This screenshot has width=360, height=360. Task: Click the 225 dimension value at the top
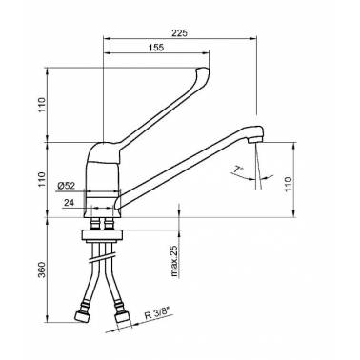tap(180, 32)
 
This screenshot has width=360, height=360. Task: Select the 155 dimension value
tap(156, 48)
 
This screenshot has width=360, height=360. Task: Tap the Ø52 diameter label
tap(67, 186)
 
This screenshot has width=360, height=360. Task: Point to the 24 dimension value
tap(69, 203)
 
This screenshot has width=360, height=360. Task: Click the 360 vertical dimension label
tap(42, 270)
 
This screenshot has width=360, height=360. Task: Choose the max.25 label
tap(174, 261)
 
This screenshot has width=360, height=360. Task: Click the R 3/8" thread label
tap(156, 314)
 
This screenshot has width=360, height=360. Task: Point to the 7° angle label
tap(238, 170)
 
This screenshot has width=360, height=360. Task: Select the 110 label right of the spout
tap(288, 185)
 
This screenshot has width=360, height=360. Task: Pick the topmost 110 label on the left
tap(42, 105)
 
